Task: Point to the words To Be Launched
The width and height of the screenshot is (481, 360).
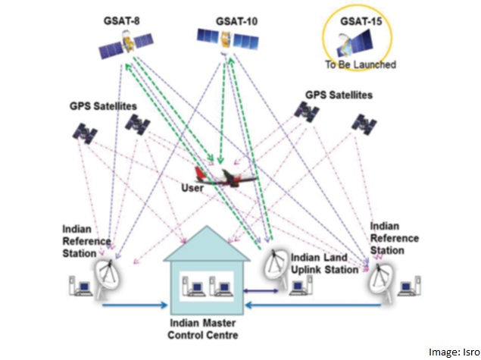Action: (x=361, y=65)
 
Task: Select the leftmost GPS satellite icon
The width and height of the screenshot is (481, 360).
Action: (x=85, y=132)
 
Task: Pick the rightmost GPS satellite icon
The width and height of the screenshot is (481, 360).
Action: (x=365, y=123)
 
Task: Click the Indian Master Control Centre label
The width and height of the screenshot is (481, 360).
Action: (x=201, y=328)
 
